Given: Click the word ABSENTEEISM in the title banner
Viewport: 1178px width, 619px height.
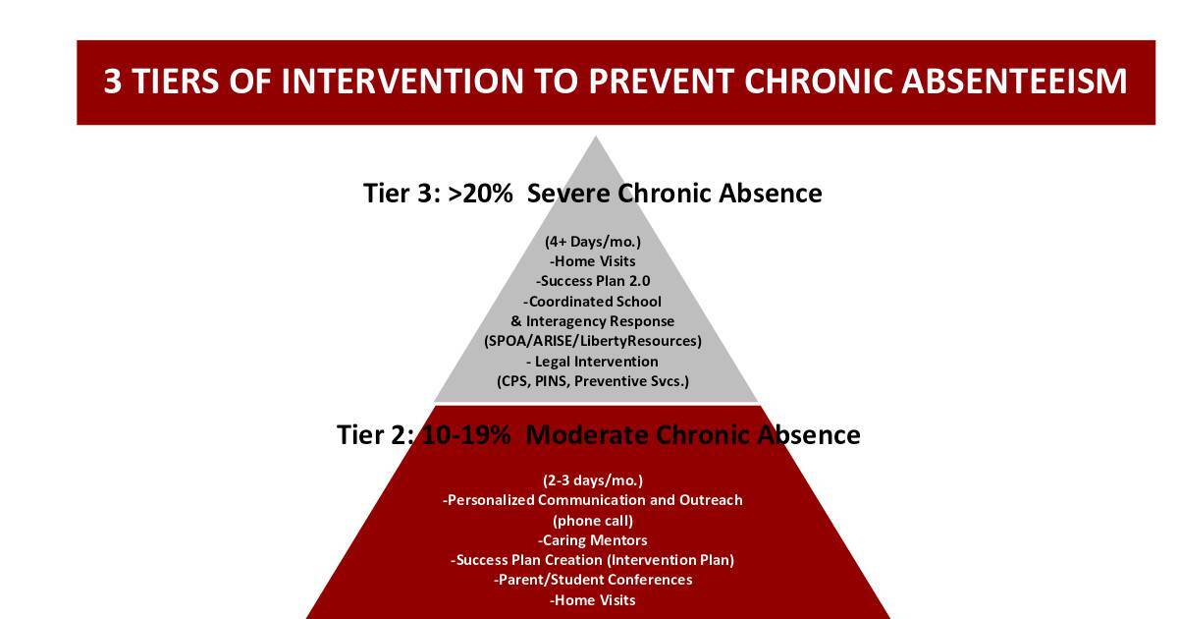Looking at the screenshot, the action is (1014, 81).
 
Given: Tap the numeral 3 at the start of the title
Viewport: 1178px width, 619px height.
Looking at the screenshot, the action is (113, 81).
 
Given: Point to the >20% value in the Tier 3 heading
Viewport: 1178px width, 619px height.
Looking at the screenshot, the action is (480, 194).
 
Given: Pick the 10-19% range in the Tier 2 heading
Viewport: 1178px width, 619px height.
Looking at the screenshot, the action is (466, 434).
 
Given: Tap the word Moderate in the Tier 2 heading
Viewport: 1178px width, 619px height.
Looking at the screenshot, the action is (587, 434).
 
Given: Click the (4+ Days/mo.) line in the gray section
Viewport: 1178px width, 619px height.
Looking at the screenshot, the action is (593, 242).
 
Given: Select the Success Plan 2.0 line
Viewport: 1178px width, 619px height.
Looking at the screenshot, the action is (593, 281).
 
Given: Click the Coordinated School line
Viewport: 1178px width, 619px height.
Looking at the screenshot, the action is (592, 302).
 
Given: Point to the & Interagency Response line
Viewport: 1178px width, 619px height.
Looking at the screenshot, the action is (592, 321).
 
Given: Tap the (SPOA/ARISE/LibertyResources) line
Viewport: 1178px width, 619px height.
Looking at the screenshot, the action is (593, 341).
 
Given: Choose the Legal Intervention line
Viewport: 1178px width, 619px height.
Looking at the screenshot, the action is (592, 362).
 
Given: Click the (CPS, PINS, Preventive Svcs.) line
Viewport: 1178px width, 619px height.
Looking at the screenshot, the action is (593, 381).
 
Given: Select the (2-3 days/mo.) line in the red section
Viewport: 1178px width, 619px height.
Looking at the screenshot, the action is (593, 480).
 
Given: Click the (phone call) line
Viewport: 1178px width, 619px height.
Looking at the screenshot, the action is (593, 521).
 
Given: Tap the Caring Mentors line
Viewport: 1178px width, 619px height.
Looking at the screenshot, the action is (592, 540).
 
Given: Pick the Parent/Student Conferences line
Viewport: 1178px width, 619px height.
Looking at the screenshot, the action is (593, 580).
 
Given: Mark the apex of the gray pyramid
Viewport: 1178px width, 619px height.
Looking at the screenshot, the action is (595, 137).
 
